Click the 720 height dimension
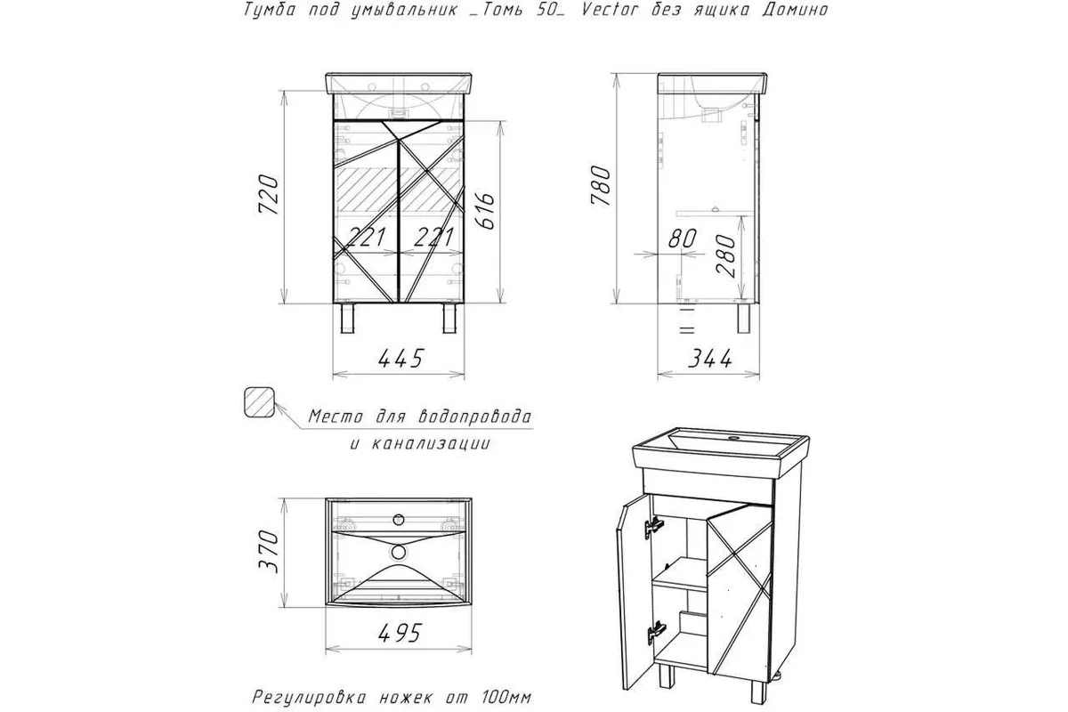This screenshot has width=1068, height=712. point(268,195)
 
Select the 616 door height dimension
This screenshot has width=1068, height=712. point(485,211)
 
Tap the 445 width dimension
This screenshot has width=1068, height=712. point(400,359)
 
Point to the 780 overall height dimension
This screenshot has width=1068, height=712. point(600,185)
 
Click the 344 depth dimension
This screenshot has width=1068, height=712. point(709,359)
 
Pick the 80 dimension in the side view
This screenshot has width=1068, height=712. point(683,239)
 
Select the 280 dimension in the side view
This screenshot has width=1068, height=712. point(725,256)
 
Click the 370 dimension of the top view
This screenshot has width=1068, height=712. point(268,552)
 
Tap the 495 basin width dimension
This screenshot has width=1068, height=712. point(400,634)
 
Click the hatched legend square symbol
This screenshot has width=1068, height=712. point(259,402)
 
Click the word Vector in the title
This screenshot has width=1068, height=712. point(609,9)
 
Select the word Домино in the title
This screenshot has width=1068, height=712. point(794,10)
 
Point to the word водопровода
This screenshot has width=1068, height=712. point(473,417)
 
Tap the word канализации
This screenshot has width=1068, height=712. point(431,444)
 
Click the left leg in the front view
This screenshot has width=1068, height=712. point(349,318)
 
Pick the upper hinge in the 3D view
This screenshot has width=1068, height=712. point(653,528)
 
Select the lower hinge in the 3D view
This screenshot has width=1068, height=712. point(656,634)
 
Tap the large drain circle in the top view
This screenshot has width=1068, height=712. point(398,552)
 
